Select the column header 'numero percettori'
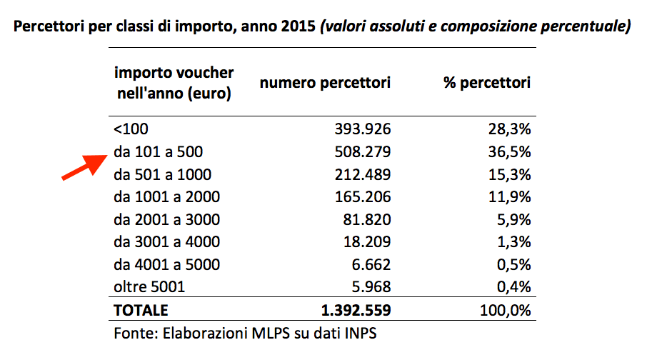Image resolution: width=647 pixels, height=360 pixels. coord(325,83)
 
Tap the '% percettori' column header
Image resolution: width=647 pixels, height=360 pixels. coord(487,83)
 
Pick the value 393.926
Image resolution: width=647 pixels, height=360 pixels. coord(362,129)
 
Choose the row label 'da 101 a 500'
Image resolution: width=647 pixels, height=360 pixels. coord(158,151)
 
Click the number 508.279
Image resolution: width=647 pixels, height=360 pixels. coord(362,151)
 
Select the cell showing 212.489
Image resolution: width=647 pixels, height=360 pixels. coord(362,174)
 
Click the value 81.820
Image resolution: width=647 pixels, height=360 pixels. coord(367,219)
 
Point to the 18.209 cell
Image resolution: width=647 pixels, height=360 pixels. coord(367,242)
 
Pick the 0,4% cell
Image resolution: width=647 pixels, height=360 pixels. coord(511,287)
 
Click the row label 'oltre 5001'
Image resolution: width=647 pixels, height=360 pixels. coord(149,287)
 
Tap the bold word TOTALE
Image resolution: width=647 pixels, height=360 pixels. coord(141,311)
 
